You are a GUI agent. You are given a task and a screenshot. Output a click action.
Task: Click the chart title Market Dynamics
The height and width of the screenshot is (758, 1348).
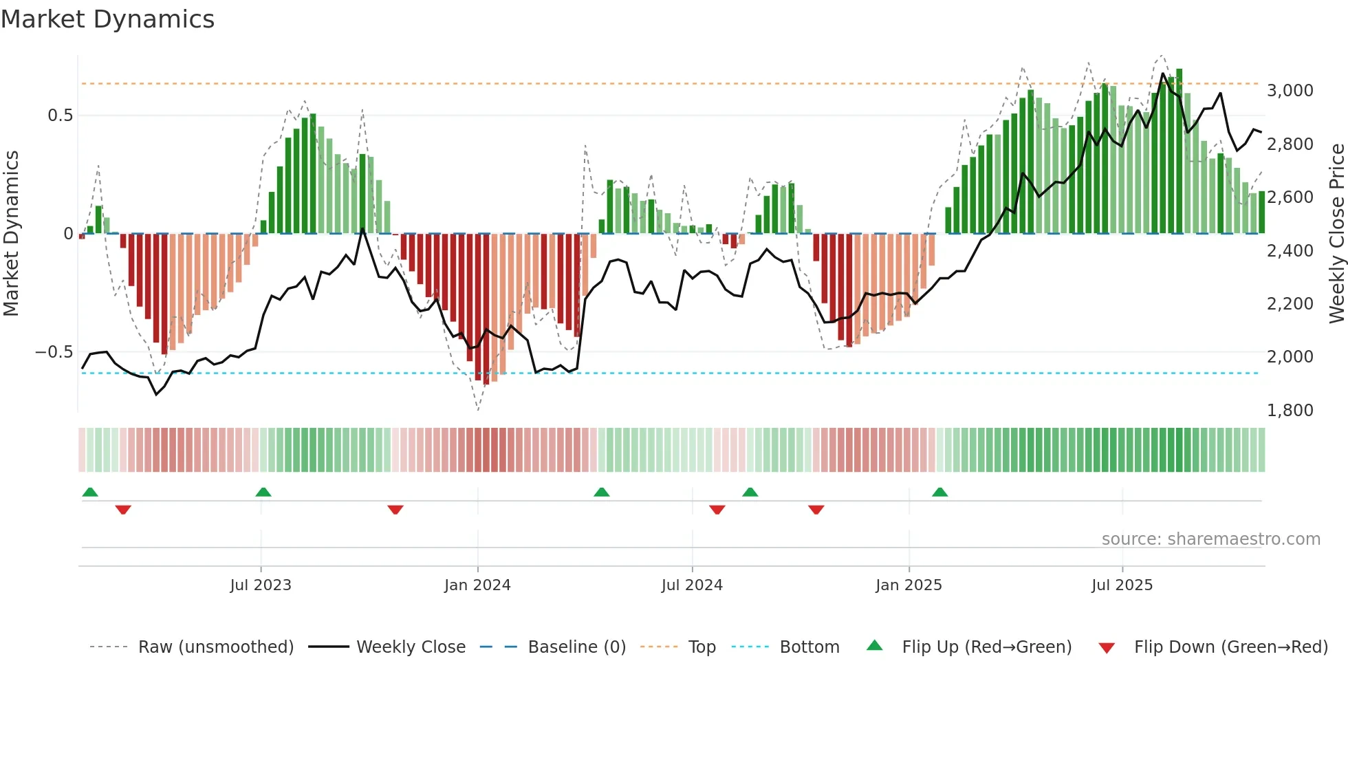pos(107,19)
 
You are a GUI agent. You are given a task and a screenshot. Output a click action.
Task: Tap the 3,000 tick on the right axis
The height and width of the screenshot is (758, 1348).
pos(1290,91)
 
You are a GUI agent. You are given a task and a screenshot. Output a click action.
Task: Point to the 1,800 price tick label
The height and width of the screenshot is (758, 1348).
pos(1290,411)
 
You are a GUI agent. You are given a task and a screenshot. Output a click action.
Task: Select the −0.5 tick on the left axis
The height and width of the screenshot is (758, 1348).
pos(54,352)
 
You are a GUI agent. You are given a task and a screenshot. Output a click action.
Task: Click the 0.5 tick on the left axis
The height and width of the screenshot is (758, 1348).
pos(60,116)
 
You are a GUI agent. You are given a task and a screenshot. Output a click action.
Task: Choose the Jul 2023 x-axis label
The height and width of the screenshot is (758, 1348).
pos(261,585)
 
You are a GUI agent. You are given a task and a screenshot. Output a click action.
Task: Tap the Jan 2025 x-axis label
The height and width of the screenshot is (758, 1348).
pos(909,585)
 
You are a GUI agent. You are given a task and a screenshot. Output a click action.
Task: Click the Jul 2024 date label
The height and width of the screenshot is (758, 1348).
pos(692,585)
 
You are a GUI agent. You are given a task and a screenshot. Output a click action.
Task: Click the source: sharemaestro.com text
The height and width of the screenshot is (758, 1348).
pos(1210,539)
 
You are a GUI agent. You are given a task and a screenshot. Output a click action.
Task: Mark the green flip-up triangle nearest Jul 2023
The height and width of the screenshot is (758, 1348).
pos(263,492)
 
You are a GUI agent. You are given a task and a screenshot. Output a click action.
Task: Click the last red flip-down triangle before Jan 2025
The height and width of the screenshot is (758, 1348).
pos(816,510)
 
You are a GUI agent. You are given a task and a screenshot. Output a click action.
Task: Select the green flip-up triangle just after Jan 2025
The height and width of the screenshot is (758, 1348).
pos(940,492)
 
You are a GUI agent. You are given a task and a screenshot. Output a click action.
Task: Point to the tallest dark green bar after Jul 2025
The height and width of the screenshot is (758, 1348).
pos(1179,151)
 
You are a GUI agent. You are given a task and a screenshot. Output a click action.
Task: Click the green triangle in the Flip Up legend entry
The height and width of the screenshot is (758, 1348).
pos(874,645)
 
